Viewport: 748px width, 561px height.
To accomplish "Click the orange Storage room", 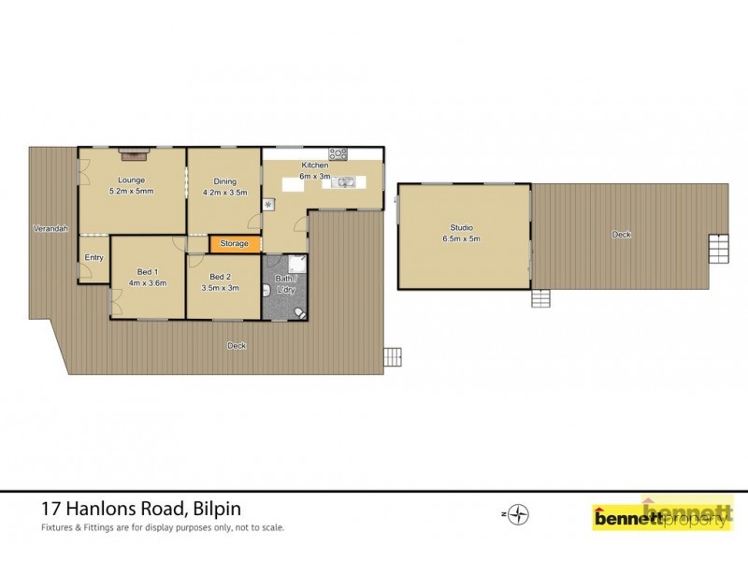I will pyautogui.click(x=234, y=244).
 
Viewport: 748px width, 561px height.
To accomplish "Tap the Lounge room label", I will pyautogui.click(x=130, y=180).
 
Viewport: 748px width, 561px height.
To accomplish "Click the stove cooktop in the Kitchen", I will pyautogui.click(x=338, y=153).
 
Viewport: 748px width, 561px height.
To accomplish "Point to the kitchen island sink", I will pyautogui.click(x=343, y=182).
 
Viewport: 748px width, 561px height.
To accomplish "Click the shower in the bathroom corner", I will pyautogui.click(x=296, y=264).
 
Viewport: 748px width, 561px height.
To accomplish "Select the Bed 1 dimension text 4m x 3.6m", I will pyautogui.click(x=148, y=282).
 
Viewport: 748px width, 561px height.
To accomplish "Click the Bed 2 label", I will pyautogui.click(x=221, y=276).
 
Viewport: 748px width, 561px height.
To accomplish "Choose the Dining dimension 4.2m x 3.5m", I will pyautogui.click(x=224, y=193).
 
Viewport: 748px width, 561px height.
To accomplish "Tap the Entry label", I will pyautogui.click(x=94, y=257).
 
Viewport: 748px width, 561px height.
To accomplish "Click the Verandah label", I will pyautogui.click(x=50, y=228).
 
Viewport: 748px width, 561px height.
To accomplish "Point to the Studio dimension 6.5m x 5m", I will pyautogui.click(x=461, y=238).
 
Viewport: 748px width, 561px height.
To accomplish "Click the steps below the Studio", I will pyautogui.click(x=540, y=298).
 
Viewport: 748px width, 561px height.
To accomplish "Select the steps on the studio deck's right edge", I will pyautogui.click(x=717, y=248).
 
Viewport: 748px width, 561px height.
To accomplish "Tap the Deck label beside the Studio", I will pyautogui.click(x=621, y=234).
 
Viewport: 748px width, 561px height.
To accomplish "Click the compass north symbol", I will pyautogui.click(x=521, y=513).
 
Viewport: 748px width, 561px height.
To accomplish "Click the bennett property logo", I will pyautogui.click(x=662, y=515).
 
